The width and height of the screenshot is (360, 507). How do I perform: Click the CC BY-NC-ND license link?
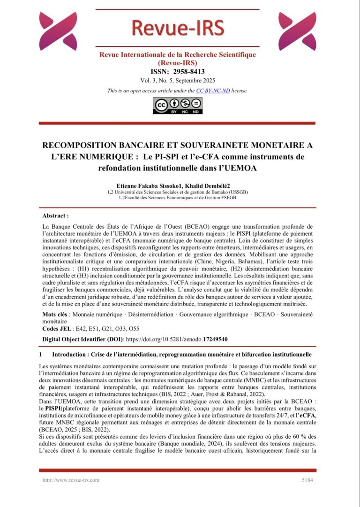pos(213,90)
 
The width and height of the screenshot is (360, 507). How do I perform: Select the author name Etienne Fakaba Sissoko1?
pos(145,186)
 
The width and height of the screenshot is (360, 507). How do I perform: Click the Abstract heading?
pos(55,216)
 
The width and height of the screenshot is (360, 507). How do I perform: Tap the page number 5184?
pos(308,480)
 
